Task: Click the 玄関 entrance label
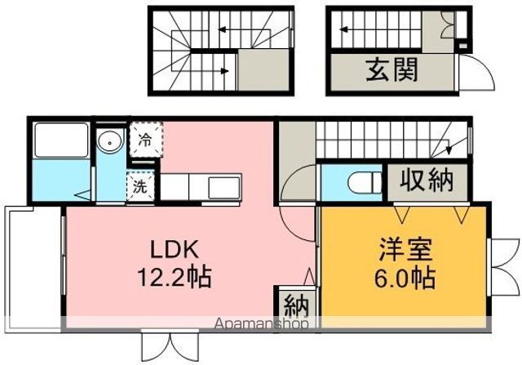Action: [391, 69]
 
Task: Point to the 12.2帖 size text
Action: [174, 278]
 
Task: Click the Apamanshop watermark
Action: [262, 324]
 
